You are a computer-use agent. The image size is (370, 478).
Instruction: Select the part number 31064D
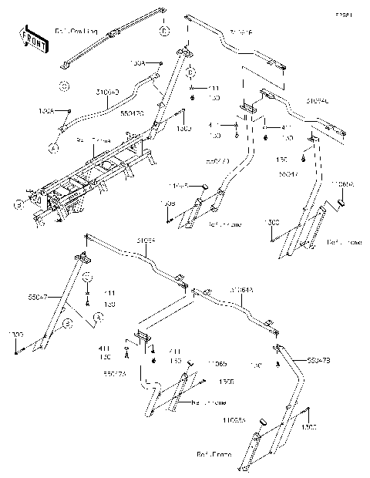[x=107, y=91]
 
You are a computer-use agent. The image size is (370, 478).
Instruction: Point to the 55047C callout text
[x=133, y=112]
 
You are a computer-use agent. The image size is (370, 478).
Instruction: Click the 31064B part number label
[x=240, y=33]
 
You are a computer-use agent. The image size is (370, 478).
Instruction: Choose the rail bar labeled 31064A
[x=247, y=308]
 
